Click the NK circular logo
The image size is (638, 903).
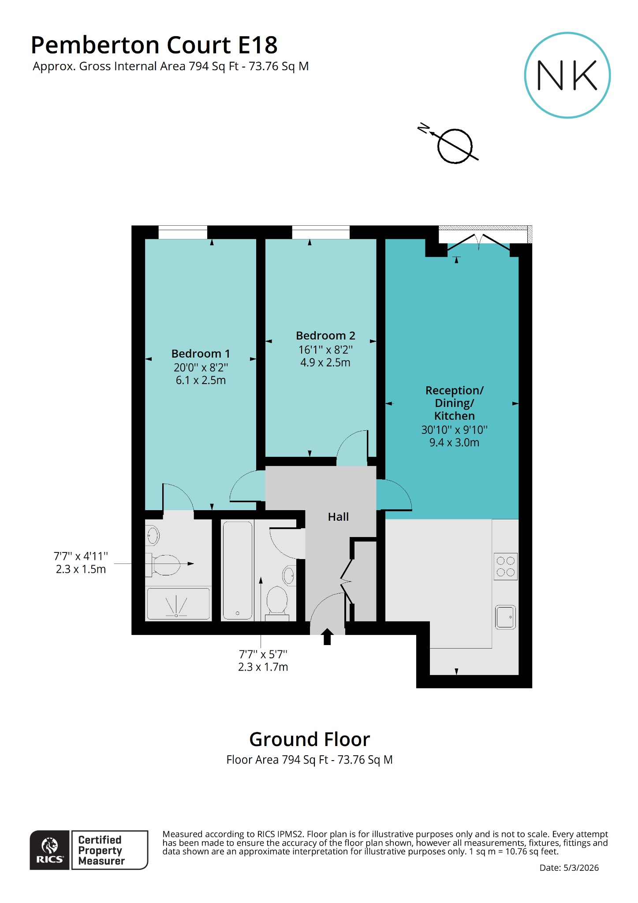click(x=567, y=75)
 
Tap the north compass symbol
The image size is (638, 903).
click(x=455, y=146)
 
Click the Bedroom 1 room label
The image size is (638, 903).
click(x=201, y=354)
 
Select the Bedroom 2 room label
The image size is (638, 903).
click(x=325, y=336)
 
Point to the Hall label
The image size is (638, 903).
click(x=338, y=517)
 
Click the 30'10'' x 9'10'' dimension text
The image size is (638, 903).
click(x=454, y=429)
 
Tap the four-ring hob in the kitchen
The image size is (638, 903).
click(x=505, y=567)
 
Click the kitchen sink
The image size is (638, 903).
click(x=505, y=617)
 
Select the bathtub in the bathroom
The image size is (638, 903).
click(x=238, y=571)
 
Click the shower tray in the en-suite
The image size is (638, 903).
click(x=178, y=604)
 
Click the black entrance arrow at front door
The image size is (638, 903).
click(x=327, y=636)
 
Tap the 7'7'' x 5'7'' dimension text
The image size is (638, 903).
click(x=263, y=654)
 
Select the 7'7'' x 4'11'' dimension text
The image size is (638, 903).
click(x=81, y=556)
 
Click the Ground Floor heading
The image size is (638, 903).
click(x=310, y=739)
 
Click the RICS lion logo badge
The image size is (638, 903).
click(x=49, y=850)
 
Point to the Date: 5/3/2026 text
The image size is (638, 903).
click(x=569, y=868)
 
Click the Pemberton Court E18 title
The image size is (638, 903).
click(x=154, y=45)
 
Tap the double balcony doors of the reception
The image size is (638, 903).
click(x=479, y=242)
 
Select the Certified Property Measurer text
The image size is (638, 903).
click(x=101, y=850)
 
